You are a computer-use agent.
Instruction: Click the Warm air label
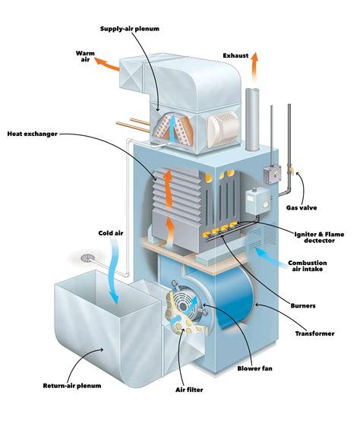[x=84, y=57]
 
